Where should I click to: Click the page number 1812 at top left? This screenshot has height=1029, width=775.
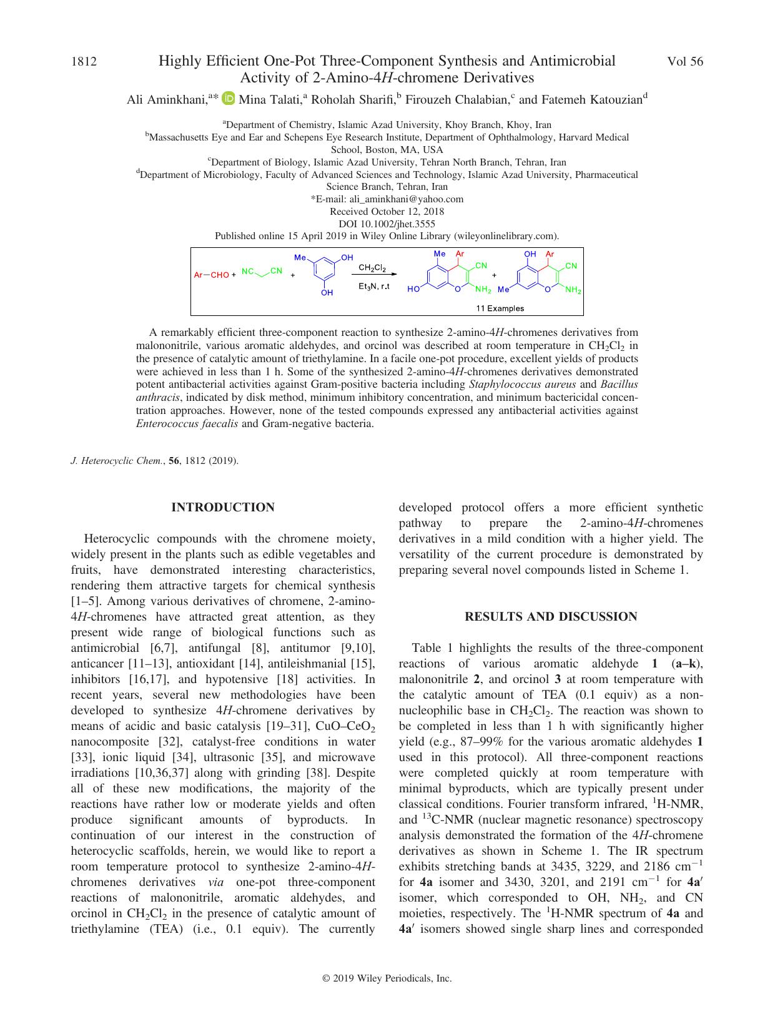(84, 62)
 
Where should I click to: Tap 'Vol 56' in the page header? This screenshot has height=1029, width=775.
(684, 62)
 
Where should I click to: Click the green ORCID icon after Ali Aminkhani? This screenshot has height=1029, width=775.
(228, 99)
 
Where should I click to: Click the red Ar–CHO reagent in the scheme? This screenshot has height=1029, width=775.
(211, 275)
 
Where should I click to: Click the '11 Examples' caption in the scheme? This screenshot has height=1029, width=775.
(500, 308)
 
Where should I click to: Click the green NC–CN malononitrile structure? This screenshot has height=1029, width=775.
(262, 273)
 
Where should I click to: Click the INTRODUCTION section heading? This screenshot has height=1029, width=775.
(223, 508)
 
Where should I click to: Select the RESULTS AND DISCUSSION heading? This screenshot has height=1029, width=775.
(551, 617)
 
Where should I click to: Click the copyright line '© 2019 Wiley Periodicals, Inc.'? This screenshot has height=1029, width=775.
(387, 979)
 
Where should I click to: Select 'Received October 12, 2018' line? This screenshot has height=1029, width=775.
(387, 212)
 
